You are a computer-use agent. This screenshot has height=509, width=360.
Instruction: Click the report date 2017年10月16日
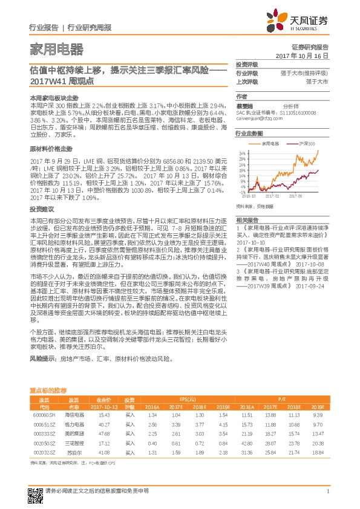coord(301,55)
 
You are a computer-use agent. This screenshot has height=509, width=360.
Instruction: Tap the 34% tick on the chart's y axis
coord(240,153)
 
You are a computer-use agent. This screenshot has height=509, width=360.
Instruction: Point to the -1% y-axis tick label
coord(240,192)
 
